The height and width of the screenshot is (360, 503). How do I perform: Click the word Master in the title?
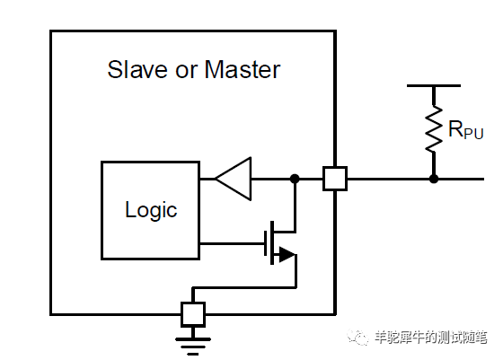point(241,69)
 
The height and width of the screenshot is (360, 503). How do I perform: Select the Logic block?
point(150,211)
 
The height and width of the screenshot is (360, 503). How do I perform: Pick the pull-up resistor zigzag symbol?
point(434,129)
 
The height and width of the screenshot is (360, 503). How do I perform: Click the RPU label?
point(465,129)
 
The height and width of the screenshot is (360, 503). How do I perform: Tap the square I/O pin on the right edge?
point(335,179)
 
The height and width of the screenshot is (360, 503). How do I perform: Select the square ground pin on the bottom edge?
point(193,313)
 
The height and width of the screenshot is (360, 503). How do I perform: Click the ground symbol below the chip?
point(193,342)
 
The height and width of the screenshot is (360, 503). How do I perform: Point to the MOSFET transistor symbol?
point(280,242)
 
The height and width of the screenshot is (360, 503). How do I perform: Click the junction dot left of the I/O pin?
point(295,179)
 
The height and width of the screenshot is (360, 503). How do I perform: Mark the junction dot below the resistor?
point(434,179)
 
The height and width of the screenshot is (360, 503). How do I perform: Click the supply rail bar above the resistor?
point(434,86)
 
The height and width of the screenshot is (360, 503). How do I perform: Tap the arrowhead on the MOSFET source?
point(286,255)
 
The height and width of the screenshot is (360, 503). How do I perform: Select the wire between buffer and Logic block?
point(207,179)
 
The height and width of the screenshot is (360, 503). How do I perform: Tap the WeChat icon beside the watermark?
point(359,338)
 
